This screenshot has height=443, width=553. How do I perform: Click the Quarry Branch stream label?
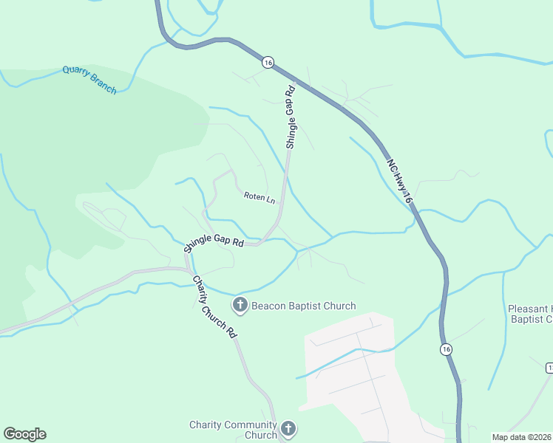pyautogui.click(x=89, y=79)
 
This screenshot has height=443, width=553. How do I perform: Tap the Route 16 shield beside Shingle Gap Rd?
pyautogui.click(x=268, y=63)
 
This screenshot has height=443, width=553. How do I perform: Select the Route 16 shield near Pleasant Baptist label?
pyautogui.click(x=446, y=348)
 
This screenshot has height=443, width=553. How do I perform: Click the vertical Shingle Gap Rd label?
pyautogui.click(x=291, y=117)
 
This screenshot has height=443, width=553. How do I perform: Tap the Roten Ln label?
pyautogui.click(x=259, y=198)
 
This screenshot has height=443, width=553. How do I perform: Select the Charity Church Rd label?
pyautogui.click(x=214, y=306)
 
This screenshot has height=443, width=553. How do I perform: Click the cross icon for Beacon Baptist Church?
pyautogui.click(x=240, y=304)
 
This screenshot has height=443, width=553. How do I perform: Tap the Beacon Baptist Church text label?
pyautogui.click(x=303, y=306)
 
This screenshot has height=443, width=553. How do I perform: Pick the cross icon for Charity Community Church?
pyautogui.click(x=288, y=428)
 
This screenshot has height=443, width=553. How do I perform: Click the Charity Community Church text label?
pyautogui.click(x=232, y=430)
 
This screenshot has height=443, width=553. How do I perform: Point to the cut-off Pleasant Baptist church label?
pyautogui.click(x=530, y=314)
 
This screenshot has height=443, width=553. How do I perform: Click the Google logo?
pyautogui.click(x=24, y=434)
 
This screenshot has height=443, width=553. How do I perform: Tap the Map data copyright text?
pyautogui.click(x=521, y=437)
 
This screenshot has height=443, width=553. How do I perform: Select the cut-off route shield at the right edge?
pyautogui.click(x=549, y=367)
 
